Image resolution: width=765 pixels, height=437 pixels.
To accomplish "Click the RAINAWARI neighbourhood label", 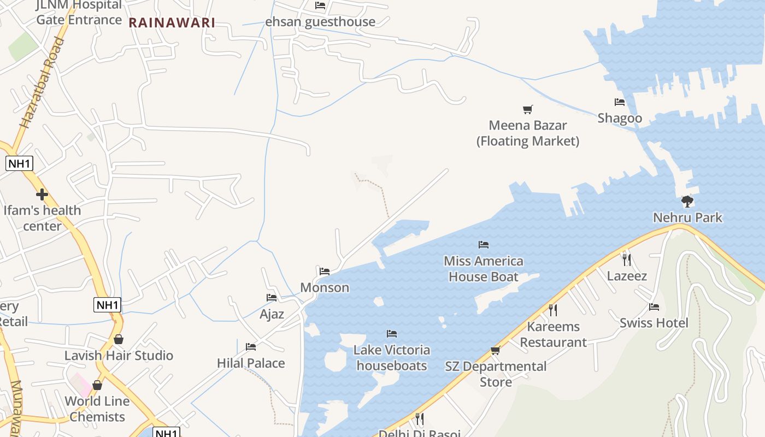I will [172, 23].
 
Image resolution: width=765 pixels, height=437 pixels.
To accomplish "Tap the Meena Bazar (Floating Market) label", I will [528, 133].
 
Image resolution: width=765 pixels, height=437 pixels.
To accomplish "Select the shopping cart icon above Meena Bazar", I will [527, 110].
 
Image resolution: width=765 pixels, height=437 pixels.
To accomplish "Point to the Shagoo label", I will [620, 118].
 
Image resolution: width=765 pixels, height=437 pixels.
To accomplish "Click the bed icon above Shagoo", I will [620, 102].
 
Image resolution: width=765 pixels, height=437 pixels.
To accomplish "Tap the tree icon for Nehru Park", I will [687, 202].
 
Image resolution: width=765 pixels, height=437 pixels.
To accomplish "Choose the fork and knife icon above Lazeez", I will [627, 260].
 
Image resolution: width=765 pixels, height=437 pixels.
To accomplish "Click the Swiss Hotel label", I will [654, 323].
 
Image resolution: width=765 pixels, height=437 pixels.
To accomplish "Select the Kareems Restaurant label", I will [553, 334].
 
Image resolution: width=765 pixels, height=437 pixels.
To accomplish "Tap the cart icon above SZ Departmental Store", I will [496, 350].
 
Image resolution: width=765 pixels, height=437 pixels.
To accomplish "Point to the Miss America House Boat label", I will [484, 269].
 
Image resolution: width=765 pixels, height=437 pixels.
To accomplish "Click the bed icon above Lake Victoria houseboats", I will [392, 334].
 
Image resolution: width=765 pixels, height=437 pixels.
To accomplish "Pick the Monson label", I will [325, 287].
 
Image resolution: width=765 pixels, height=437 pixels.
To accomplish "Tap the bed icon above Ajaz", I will [272, 298].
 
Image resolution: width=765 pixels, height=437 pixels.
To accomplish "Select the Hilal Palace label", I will [251, 363].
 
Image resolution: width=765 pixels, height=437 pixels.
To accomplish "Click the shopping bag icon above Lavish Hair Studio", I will [119, 340].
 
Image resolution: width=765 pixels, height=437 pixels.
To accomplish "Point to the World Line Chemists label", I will [97, 409].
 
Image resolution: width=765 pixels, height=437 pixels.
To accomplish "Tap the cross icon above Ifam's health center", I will [42, 194].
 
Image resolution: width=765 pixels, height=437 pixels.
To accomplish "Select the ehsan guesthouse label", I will [320, 22].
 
